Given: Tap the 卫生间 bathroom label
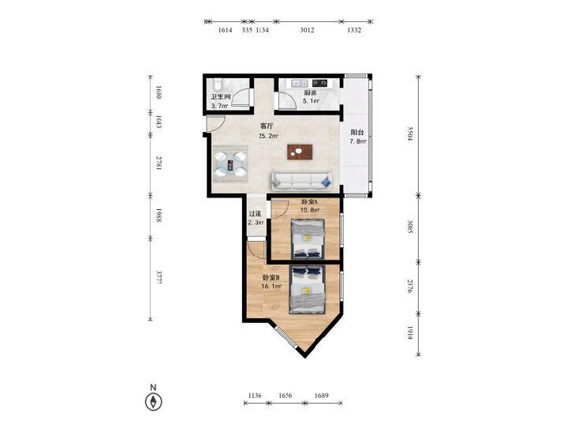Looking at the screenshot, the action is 220,97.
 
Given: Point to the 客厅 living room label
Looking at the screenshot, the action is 267,126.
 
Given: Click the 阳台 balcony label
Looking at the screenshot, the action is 357,133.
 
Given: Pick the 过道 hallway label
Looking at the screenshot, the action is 255,213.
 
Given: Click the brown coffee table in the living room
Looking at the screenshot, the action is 300,152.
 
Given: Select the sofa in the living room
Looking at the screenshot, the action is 301,182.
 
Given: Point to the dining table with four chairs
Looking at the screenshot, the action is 230,164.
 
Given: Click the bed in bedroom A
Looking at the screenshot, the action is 308,239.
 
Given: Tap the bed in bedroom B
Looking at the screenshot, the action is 307,290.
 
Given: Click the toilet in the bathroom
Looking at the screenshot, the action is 217,85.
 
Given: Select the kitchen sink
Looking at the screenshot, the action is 300,83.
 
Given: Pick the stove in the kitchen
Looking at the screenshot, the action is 319,83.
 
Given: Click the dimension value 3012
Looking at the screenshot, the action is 307,30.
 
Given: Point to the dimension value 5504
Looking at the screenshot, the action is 410,134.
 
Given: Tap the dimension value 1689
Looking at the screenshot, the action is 322,396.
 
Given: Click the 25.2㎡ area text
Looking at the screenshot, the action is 268,136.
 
